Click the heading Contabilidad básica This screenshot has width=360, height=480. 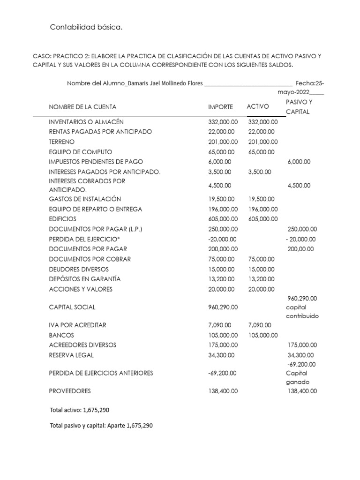[86, 28]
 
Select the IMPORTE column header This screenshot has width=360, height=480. [220, 107]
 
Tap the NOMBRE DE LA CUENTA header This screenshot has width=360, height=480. [82, 107]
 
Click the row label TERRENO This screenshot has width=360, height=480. [61, 142]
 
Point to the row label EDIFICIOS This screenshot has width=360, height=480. [62, 219]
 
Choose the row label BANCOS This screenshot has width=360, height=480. [61, 336]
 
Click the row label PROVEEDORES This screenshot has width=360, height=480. [70, 390]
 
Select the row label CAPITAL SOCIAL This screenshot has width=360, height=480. [72, 307]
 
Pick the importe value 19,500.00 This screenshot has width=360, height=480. [223, 199]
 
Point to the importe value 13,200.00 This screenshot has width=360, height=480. [223, 279]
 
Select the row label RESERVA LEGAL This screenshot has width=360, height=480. [71, 355]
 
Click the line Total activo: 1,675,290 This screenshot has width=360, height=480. [79, 410]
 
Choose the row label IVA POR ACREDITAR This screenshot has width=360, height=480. [77, 325]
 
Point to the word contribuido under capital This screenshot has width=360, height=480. [302, 316]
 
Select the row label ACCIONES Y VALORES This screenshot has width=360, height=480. [81, 289]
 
